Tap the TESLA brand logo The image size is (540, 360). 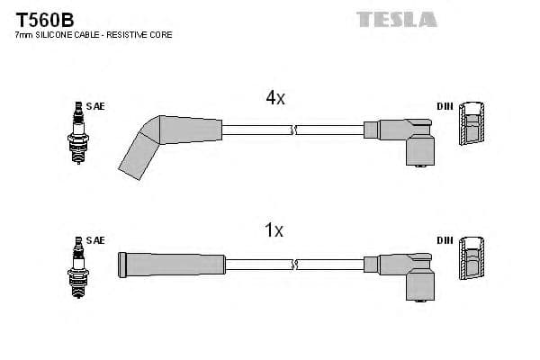[396, 19]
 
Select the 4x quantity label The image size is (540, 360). [274, 99]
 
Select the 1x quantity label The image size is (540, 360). [274, 231]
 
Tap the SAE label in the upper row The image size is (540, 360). [96, 106]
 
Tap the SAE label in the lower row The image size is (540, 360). [96, 240]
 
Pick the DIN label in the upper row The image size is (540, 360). [445, 106]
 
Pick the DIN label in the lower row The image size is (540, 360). [445, 240]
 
